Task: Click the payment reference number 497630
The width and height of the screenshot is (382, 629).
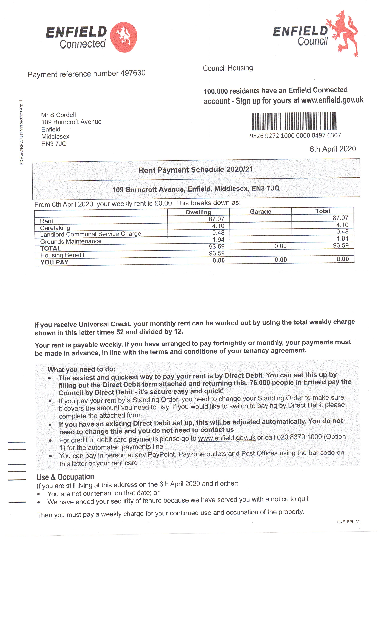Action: coord(133,73)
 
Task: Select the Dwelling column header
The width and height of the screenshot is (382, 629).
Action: coord(198,212)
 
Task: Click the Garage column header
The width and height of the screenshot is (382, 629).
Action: coord(261,211)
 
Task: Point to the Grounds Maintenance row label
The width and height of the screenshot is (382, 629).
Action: coord(71,241)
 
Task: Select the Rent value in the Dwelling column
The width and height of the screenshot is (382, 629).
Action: coord(216,219)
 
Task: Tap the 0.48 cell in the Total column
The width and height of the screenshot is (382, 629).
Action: coord(342,232)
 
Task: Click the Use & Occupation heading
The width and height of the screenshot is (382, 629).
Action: coord(65,477)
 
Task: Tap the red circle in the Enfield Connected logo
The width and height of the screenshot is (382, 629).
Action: coord(124,37)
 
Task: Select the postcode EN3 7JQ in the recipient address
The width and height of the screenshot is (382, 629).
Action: coord(54,144)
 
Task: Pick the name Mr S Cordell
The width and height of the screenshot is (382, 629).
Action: coord(58,115)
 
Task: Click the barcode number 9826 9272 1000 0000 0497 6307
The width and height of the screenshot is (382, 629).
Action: coord(295,135)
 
